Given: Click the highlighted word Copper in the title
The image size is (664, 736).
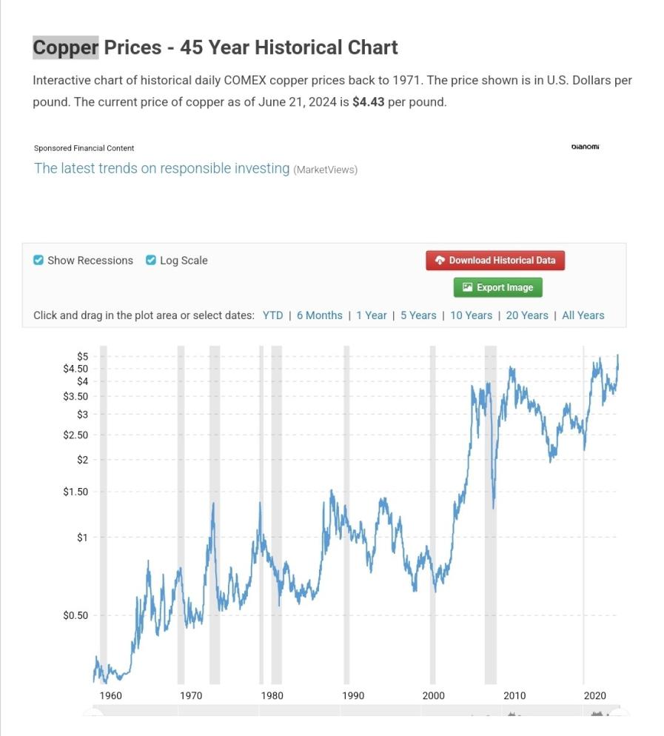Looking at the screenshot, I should click(65, 47).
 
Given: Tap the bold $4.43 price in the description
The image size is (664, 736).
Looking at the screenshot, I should click(368, 101).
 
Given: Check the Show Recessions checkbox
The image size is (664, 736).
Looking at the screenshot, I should click(38, 260).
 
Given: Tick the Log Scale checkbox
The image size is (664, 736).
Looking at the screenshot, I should click(151, 260).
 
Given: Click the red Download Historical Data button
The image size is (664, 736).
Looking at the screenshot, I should click(494, 260).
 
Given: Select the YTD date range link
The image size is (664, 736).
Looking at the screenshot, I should click(272, 315).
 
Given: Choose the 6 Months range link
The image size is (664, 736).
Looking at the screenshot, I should click(320, 315).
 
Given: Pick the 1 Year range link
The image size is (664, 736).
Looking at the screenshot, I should click(371, 315).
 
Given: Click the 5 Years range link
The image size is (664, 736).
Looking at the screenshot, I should click(418, 315).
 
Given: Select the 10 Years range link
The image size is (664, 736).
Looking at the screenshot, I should click(471, 315).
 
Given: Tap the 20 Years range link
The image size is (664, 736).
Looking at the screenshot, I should click(527, 315).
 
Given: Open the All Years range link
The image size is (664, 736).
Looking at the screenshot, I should click(583, 315).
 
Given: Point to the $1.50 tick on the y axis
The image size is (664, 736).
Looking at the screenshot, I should click(76, 492).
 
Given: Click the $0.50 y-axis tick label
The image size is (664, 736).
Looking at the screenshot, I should click(76, 615).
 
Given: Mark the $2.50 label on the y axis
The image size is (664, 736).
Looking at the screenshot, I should click(76, 435).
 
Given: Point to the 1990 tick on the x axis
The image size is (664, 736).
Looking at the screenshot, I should click(353, 695).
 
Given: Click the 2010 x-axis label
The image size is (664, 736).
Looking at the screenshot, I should click(514, 695).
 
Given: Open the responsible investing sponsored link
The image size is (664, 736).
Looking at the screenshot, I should click(161, 168).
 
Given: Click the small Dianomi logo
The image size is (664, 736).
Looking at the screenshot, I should click(585, 147).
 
